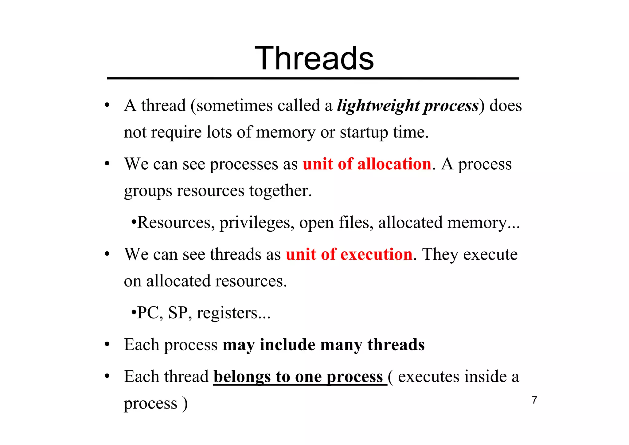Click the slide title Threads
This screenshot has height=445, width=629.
(314, 58)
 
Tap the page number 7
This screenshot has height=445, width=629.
(534, 400)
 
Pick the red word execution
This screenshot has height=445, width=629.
(376, 254)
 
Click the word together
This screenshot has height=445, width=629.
(280, 191)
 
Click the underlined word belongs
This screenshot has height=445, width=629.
(242, 377)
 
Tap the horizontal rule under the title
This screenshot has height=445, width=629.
(313, 79)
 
